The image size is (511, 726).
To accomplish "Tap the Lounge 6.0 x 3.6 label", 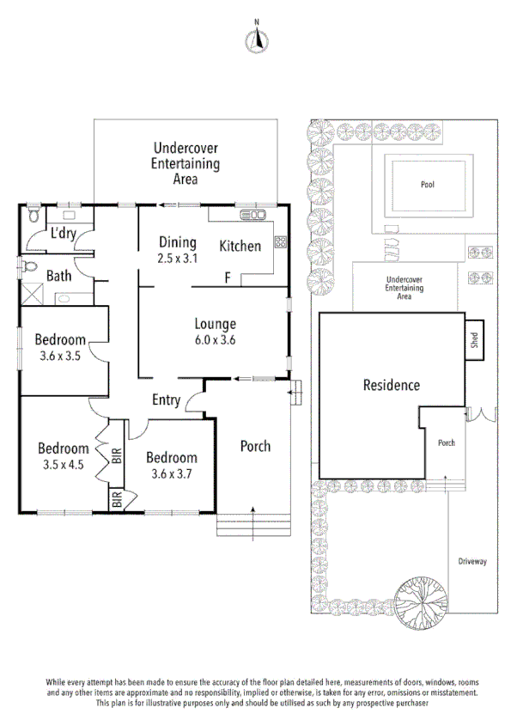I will click(x=215, y=332).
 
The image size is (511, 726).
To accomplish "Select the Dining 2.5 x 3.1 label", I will click(x=177, y=249).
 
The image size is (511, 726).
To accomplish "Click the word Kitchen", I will click(x=240, y=247).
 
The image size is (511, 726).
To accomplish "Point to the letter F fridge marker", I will click(x=228, y=278).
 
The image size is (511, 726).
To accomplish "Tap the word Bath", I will click(x=59, y=276).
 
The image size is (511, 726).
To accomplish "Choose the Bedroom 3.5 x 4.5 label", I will click(x=63, y=455).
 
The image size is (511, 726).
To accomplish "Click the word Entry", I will click(x=166, y=400).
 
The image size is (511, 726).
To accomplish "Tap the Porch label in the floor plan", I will click(x=255, y=446).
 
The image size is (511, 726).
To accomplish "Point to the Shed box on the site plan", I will click(x=473, y=337).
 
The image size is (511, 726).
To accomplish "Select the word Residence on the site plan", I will click(x=391, y=386).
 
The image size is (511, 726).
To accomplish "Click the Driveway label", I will click(x=471, y=561).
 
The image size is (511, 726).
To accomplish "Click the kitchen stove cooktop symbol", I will click(x=279, y=241).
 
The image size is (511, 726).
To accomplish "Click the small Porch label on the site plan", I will click(x=446, y=443).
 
